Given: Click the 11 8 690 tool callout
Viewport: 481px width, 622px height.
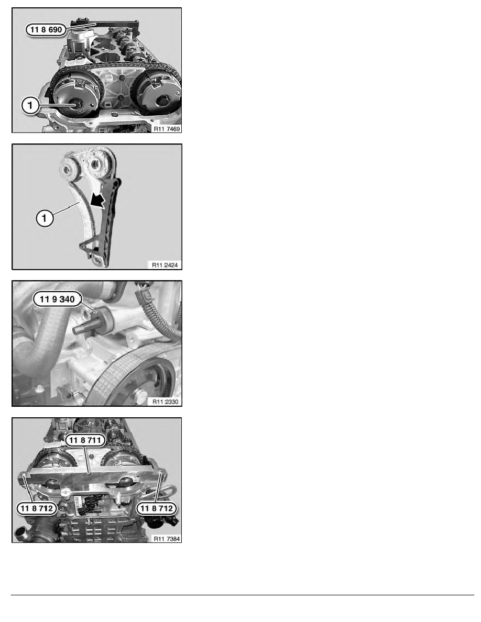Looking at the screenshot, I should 46,30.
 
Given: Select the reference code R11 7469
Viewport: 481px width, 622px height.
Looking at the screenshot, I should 166,127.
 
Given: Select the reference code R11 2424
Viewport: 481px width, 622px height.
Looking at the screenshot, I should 166,264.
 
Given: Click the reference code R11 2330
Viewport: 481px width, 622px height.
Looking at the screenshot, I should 166,402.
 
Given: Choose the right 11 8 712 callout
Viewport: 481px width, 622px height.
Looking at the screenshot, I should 156,507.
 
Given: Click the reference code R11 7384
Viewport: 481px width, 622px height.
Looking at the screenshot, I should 166,538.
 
